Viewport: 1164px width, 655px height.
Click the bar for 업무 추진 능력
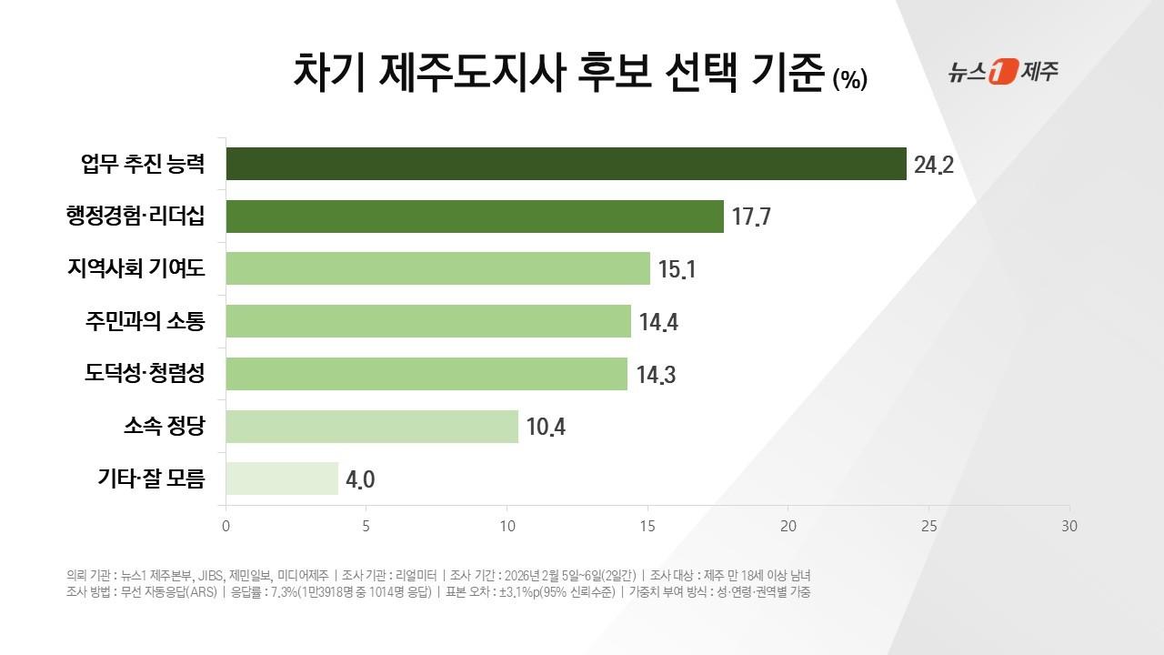point(566,164)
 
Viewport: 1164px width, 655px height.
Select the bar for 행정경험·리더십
point(475,217)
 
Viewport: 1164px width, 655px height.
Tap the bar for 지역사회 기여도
point(437,268)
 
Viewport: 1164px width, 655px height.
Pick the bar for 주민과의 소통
point(428,321)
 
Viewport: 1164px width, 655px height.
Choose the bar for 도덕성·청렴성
point(426,374)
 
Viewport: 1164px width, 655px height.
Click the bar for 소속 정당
point(372,426)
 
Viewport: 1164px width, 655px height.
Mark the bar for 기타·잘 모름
point(282,479)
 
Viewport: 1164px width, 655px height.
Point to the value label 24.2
point(934,166)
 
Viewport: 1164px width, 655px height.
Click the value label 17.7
point(751,218)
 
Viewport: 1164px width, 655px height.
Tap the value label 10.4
point(546,427)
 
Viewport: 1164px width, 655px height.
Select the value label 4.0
point(359,479)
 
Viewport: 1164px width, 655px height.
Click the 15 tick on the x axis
point(647,526)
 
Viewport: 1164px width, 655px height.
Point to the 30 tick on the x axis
point(1069,526)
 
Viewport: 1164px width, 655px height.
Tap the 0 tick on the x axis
point(226,526)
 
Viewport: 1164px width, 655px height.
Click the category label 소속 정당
point(165,426)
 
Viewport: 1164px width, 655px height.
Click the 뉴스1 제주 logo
point(1003,72)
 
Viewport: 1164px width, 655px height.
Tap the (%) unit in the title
point(849,80)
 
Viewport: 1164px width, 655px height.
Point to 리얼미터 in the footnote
point(414,575)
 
